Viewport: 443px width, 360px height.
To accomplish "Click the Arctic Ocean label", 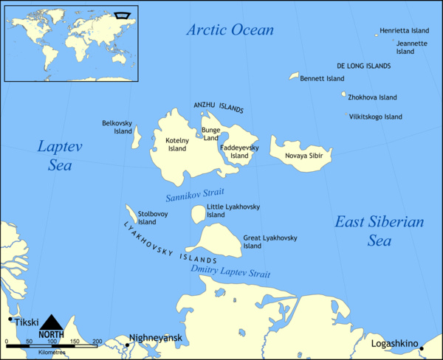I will [x=230, y=30].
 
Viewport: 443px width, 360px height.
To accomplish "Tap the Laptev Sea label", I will [x=60, y=156].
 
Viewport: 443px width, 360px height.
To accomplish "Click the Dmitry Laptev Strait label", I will [x=230, y=272].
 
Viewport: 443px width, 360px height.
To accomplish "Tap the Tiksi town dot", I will [x=10, y=319].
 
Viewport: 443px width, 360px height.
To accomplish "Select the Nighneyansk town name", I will [x=156, y=339].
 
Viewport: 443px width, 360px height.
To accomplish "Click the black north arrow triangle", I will [x=52, y=322].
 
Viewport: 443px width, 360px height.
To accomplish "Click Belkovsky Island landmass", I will [x=137, y=135].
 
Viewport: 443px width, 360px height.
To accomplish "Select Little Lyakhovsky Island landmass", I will [x=198, y=214].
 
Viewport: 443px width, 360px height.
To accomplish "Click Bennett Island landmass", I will [x=294, y=76].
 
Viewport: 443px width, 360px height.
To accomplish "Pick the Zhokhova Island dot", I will [x=343, y=95].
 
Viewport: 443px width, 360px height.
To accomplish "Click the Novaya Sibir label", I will [x=305, y=156].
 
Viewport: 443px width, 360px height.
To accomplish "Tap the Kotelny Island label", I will [x=177, y=144].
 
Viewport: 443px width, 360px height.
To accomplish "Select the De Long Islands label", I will [x=364, y=66].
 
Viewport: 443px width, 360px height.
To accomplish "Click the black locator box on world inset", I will [x=122, y=14].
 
